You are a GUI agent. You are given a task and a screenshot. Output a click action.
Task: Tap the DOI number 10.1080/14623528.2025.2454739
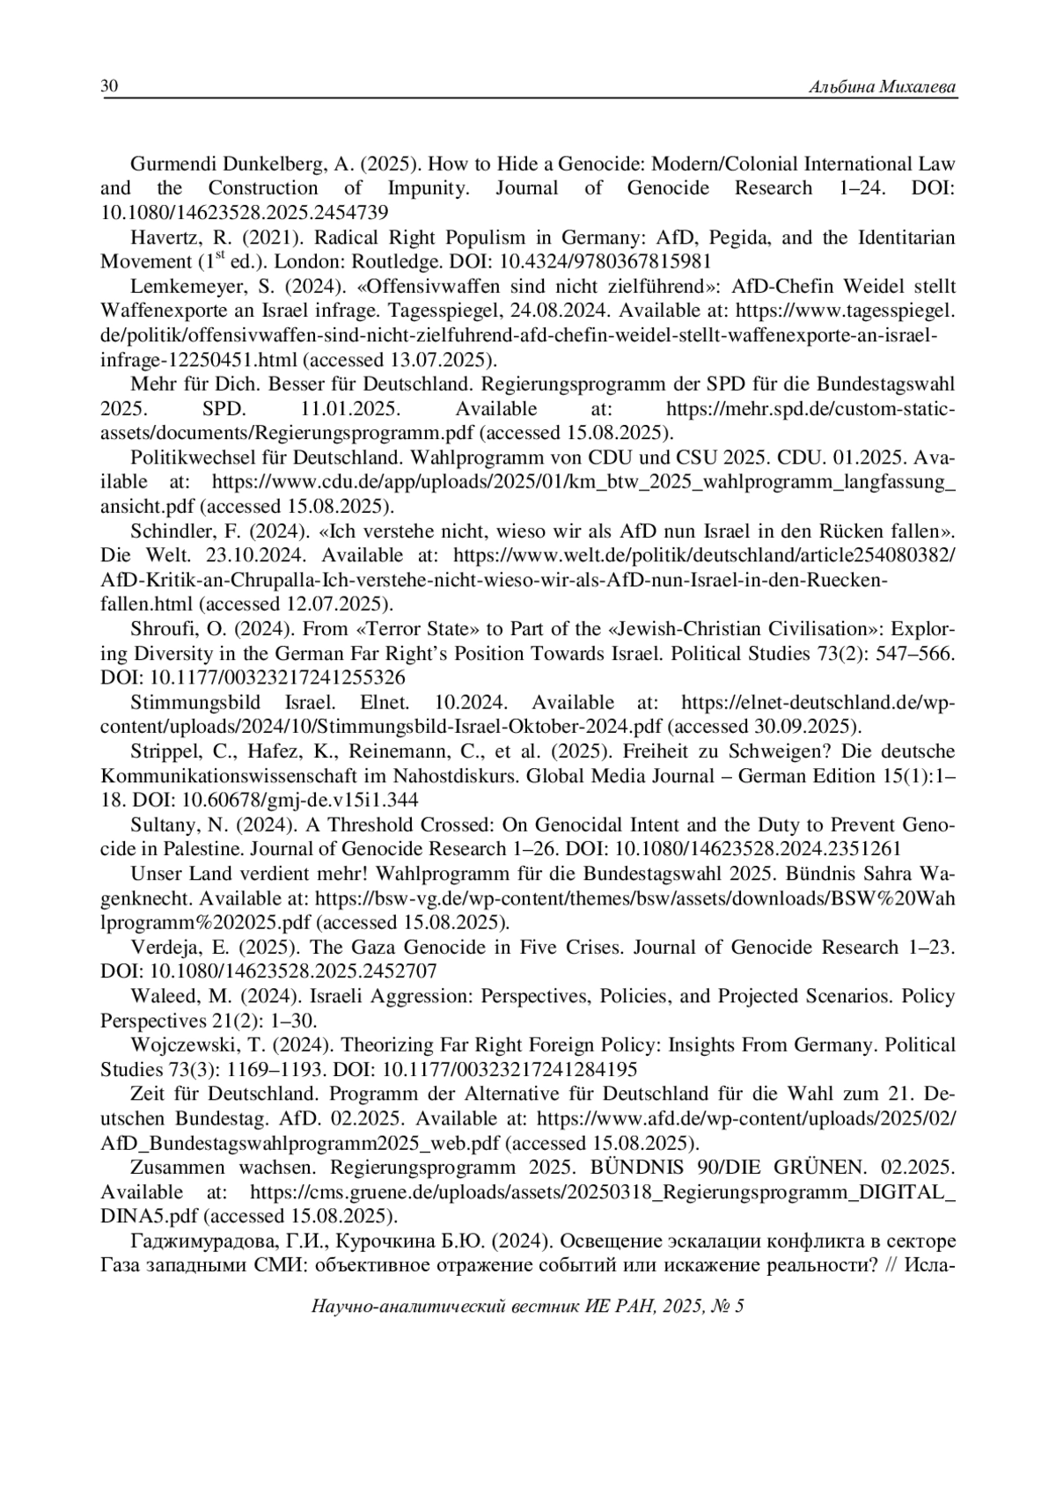tap(245, 213)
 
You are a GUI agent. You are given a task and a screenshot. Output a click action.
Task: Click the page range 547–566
tap(912, 654)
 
